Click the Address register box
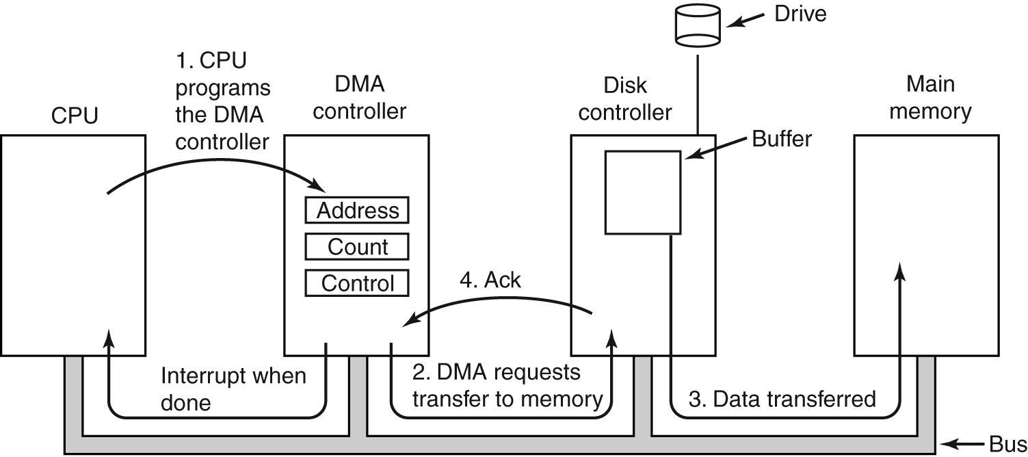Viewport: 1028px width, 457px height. (x=356, y=210)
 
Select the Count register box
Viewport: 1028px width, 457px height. (x=356, y=246)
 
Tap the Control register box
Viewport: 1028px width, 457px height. (x=356, y=283)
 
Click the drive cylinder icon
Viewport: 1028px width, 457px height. (x=698, y=25)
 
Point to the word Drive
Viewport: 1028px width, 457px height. (x=800, y=14)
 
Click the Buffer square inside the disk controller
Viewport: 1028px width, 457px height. (x=642, y=192)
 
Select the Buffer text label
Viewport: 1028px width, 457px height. (x=782, y=139)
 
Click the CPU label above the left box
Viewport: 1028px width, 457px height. (x=75, y=116)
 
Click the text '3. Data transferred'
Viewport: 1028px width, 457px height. (x=782, y=399)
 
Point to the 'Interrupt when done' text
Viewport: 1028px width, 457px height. (x=233, y=388)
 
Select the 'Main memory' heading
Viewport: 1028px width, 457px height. (x=930, y=97)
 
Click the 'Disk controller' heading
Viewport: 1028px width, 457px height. (x=624, y=99)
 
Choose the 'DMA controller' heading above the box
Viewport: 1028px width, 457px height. (x=359, y=97)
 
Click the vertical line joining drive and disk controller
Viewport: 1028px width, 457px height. (x=698, y=92)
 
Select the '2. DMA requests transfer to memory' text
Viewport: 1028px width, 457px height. (x=507, y=387)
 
